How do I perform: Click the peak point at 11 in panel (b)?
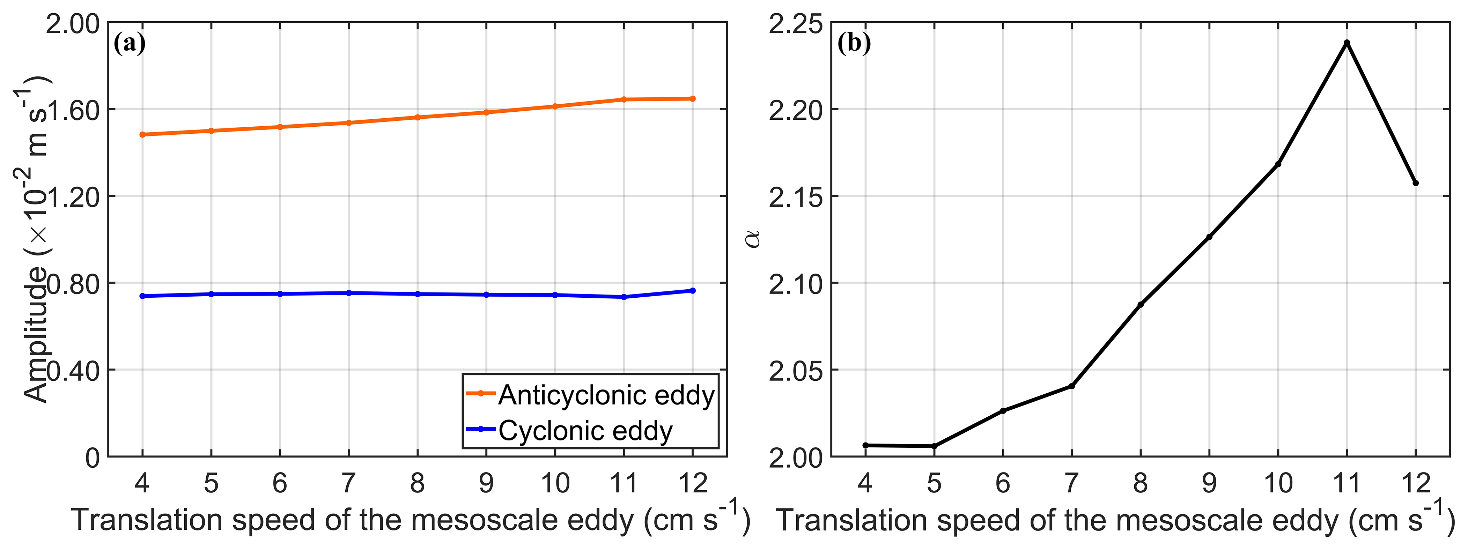(1347, 43)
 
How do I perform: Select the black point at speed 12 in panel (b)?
(1416, 183)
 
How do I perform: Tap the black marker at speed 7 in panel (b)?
(1071, 386)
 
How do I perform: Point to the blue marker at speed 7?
(349, 293)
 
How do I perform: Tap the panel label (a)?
(130, 43)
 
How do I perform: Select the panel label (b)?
(854, 43)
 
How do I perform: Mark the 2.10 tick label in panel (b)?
(796, 284)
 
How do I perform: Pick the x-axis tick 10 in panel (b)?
(1278, 483)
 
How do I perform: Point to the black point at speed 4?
(865, 445)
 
